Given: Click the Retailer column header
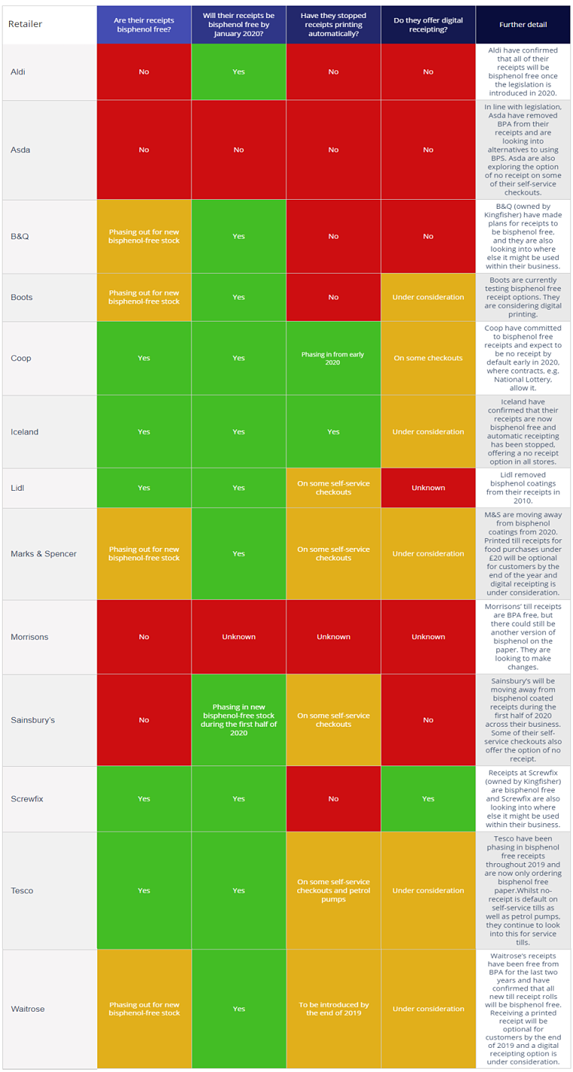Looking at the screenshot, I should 26,24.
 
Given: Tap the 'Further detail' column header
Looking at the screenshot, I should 522,24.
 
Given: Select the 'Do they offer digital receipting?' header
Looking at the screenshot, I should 427,24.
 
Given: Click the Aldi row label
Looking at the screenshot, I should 18,72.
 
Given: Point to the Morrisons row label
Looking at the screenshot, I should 29,637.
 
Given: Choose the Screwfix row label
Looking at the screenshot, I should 27,798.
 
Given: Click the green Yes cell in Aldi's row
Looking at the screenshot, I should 238,72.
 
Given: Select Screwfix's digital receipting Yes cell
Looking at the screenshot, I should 427,798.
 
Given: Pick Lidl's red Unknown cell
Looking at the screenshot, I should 427,488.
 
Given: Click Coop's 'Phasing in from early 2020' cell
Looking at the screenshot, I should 333,358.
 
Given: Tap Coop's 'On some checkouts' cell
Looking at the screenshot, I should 427,358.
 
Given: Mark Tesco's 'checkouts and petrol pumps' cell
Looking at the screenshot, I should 333,890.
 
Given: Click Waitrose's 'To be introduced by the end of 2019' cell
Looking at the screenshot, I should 333,1009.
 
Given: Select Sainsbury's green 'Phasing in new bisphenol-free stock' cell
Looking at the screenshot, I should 238,720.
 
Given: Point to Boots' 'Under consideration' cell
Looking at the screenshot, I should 427,297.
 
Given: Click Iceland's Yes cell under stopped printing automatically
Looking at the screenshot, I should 333,432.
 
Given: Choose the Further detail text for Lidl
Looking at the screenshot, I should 522,488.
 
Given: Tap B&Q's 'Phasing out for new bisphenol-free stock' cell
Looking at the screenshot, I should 144,236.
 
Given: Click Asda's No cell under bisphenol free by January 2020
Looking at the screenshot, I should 238,150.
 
